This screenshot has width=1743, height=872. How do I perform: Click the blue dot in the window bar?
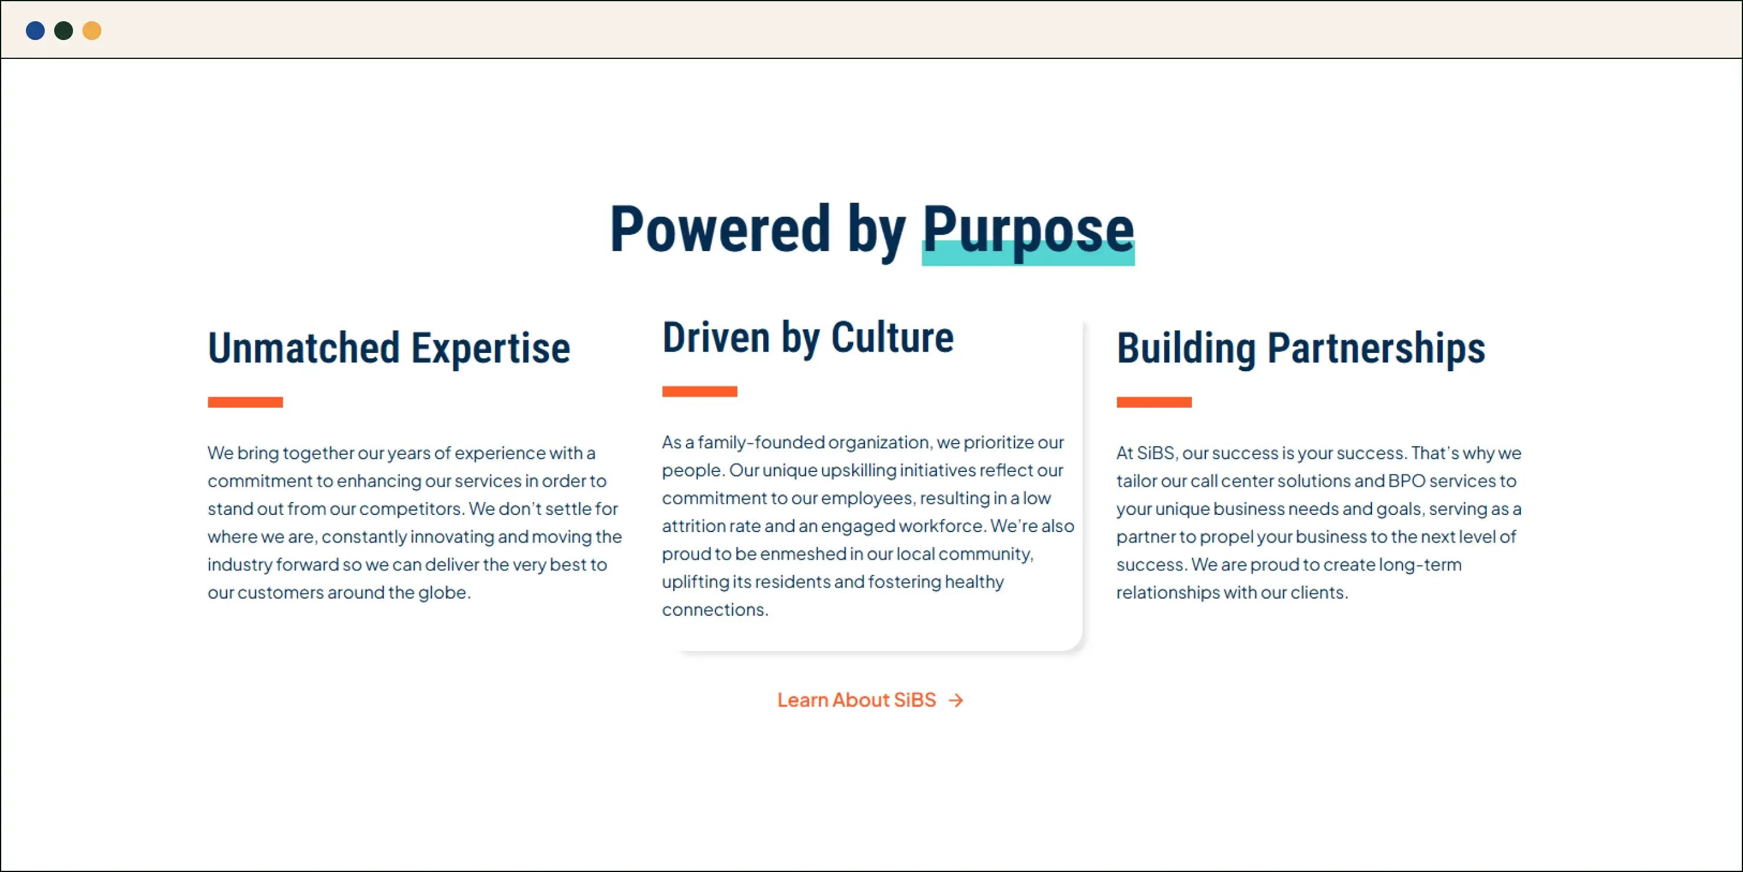(35, 31)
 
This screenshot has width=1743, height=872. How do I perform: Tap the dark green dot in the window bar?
(64, 31)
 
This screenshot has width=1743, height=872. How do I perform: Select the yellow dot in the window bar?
(92, 31)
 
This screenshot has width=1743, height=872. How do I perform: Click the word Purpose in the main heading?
(1028, 230)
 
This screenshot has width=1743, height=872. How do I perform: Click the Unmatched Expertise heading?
(389, 348)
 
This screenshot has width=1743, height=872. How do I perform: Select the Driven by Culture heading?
(808, 337)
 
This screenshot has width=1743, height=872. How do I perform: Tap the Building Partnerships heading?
(1301, 348)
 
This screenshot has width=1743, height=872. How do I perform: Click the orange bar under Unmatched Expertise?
(245, 402)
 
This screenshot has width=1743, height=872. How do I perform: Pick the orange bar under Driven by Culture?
(700, 391)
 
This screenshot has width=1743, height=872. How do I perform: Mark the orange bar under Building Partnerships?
(1154, 402)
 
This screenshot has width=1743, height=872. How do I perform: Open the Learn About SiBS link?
(857, 699)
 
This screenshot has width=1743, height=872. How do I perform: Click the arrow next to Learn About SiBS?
(955, 700)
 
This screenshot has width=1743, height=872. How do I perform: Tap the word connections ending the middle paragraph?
(714, 609)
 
